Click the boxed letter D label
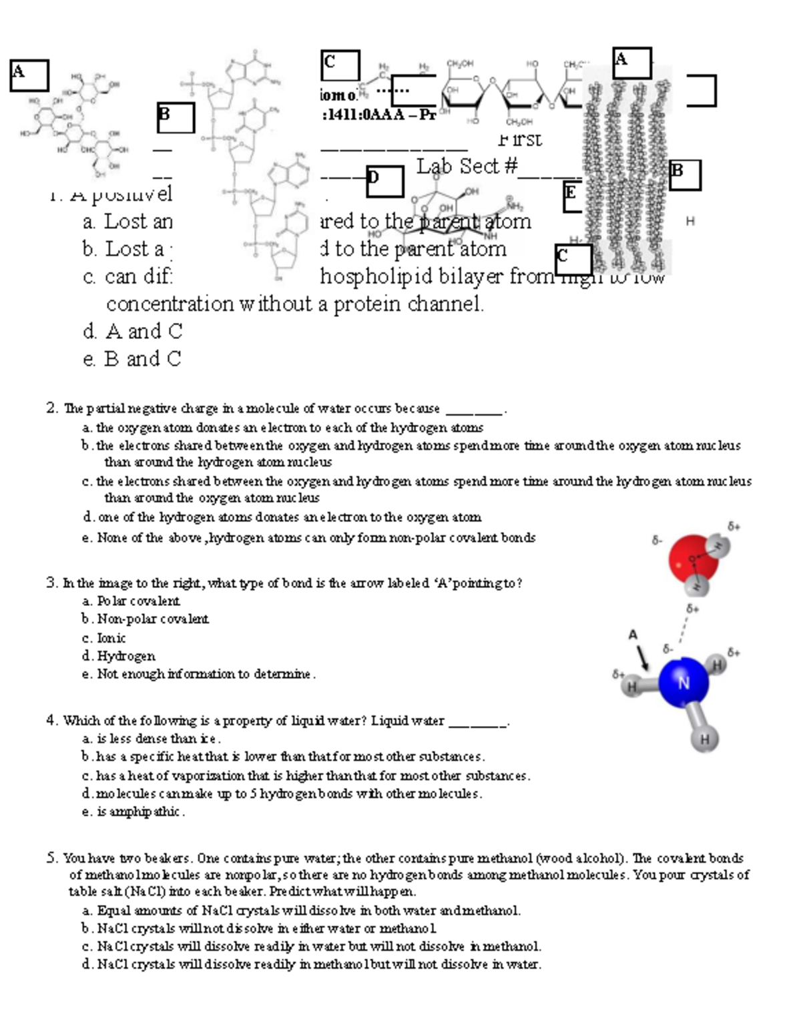click(384, 181)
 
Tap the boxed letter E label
click(572, 196)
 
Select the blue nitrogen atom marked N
click(683, 683)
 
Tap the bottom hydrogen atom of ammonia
click(705, 739)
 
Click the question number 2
click(52, 408)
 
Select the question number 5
click(52, 858)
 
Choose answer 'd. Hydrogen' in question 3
click(119, 656)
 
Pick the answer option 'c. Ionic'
click(104, 638)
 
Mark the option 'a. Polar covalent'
click(131, 601)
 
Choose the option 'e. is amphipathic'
click(133, 812)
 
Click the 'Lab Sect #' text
click(467, 166)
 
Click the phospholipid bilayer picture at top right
click(627, 174)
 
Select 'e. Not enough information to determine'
click(198, 674)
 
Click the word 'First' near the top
click(520, 139)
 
